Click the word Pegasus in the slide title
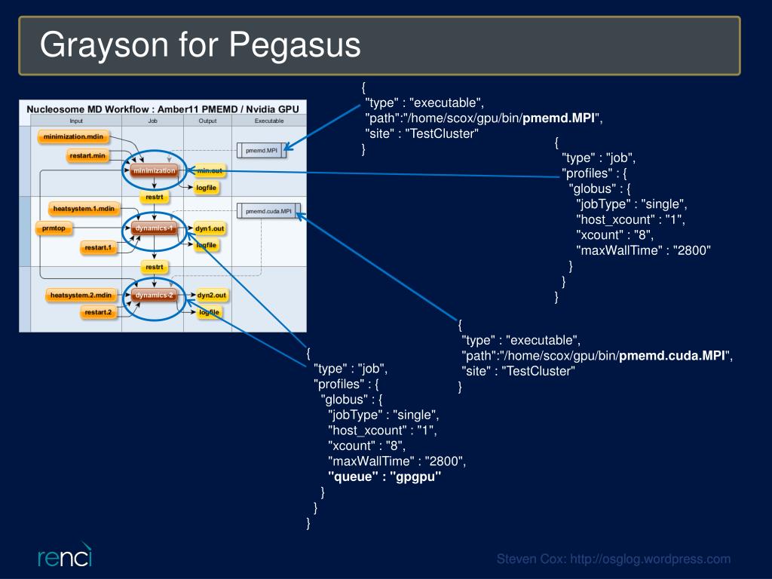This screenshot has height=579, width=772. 296,45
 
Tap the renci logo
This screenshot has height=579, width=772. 65,556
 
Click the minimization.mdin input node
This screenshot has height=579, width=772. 73,136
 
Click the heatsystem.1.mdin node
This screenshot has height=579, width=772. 84,209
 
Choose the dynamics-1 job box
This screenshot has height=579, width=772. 154,228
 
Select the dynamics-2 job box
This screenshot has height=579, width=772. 154,295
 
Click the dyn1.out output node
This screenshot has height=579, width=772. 210,228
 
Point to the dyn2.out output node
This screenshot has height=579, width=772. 212,295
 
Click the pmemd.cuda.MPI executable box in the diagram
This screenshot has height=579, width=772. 268,211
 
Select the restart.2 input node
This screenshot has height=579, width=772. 98,312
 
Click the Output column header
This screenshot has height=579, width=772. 207,121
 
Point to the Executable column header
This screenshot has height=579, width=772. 269,121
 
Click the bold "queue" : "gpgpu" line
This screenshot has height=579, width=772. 384,476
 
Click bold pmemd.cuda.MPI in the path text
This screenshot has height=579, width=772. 672,356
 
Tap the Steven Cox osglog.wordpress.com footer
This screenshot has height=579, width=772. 614,559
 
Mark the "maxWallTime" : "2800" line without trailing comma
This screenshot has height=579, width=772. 644,250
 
